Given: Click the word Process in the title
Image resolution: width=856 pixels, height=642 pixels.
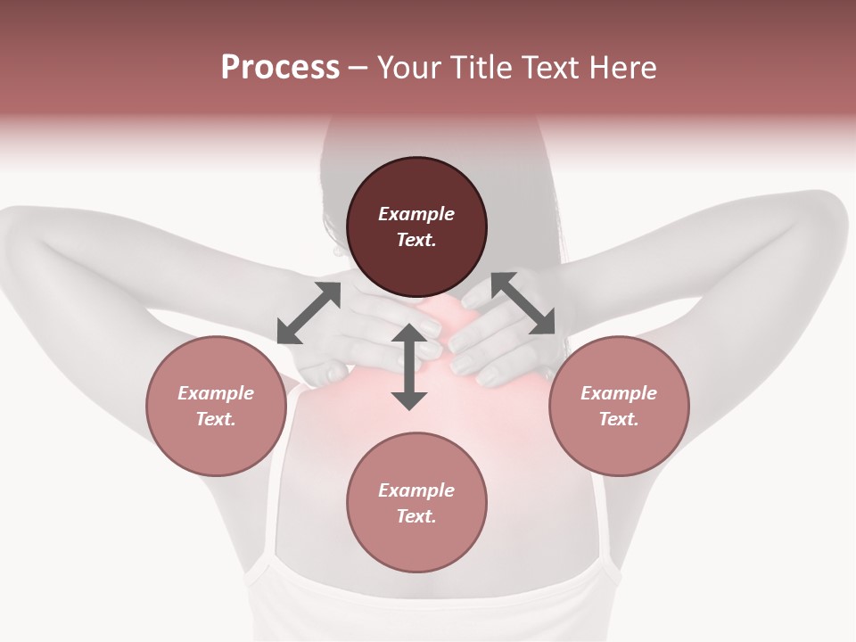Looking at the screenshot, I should pyautogui.click(x=280, y=68).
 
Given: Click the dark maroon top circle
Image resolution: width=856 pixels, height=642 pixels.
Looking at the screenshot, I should pyautogui.click(x=416, y=226).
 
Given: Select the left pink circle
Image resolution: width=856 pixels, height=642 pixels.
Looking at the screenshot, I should pyautogui.click(x=216, y=406).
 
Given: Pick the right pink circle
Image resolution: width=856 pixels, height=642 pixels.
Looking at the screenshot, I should pyautogui.click(x=618, y=406).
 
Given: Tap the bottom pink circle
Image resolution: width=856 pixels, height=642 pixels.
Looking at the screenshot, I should pyautogui.click(x=416, y=502).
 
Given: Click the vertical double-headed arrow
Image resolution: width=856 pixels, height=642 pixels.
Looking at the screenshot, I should pyautogui.click(x=409, y=367).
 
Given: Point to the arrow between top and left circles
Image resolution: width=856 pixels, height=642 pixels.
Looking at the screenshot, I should pyautogui.click(x=309, y=313).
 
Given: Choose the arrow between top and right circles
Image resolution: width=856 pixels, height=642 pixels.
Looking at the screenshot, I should pyautogui.click(x=523, y=304).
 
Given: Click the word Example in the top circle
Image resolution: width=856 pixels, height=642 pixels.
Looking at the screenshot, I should pyautogui.click(x=416, y=214).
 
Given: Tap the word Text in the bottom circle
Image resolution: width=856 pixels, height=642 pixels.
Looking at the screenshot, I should pyautogui.click(x=416, y=516).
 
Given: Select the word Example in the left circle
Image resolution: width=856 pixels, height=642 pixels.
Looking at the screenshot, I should pyautogui.click(x=216, y=393).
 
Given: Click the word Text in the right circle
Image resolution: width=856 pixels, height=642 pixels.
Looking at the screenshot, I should pyautogui.click(x=618, y=419).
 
